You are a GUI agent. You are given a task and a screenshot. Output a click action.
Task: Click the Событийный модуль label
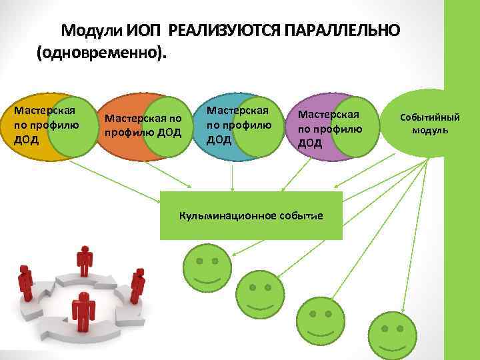(x=429, y=123)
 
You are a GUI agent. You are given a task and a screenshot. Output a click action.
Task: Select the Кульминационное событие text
(x=251, y=216)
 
